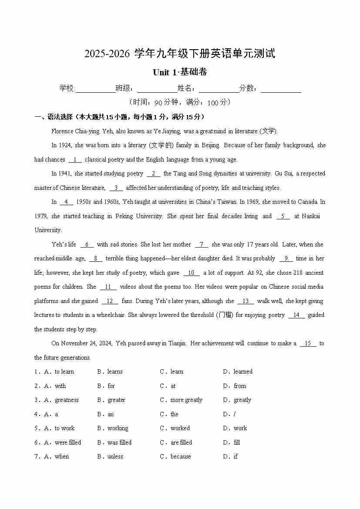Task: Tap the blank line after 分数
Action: point(281,89)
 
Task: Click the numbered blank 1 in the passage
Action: point(75,160)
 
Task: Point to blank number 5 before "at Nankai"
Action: point(283,216)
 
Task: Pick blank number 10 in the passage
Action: point(191,273)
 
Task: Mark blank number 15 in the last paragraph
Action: point(308,344)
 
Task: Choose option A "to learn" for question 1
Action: point(64,372)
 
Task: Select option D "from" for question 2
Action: point(239,386)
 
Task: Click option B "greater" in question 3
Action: point(116,400)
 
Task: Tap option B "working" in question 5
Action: point(118,428)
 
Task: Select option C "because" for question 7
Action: point(181,457)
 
